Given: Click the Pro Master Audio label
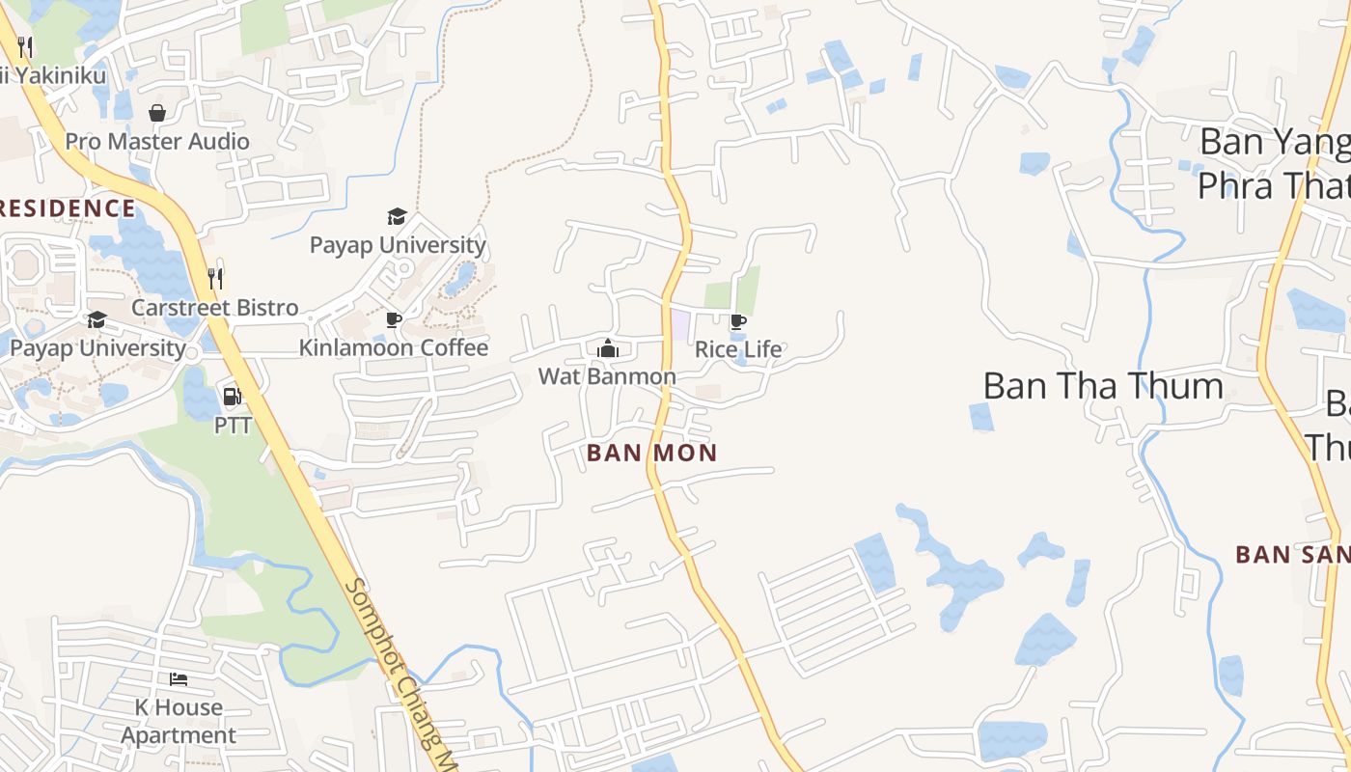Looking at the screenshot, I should [x=157, y=142].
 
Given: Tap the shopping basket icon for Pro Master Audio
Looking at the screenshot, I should [x=157, y=113].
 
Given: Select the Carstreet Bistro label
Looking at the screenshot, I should [x=215, y=308].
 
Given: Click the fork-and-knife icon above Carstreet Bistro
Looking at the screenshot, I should [x=215, y=279].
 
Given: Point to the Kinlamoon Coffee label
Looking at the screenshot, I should [x=394, y=347].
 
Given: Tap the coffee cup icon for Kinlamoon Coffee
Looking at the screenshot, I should [x=394, y=319].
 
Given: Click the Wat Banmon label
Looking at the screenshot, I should [x=607, y=376].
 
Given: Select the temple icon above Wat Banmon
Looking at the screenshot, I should [x=607, y=348].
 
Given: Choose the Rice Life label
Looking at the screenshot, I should [x=738, y=349].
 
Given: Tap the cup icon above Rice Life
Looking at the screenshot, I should [x=738, y=321].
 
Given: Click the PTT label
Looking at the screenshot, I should [x=233, y=425].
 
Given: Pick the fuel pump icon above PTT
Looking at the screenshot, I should [x=232, y=397].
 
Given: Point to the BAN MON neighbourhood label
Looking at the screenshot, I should [x=652, y=453].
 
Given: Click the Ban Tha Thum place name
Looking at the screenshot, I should [x=1103, y=386].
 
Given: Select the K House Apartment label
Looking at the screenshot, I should [x=179, y=721].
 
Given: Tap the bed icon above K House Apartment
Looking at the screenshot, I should [x=179, y=679].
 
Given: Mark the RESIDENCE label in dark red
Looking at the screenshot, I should [x=68, y=208].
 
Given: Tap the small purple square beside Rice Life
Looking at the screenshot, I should [x=681, y=325].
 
